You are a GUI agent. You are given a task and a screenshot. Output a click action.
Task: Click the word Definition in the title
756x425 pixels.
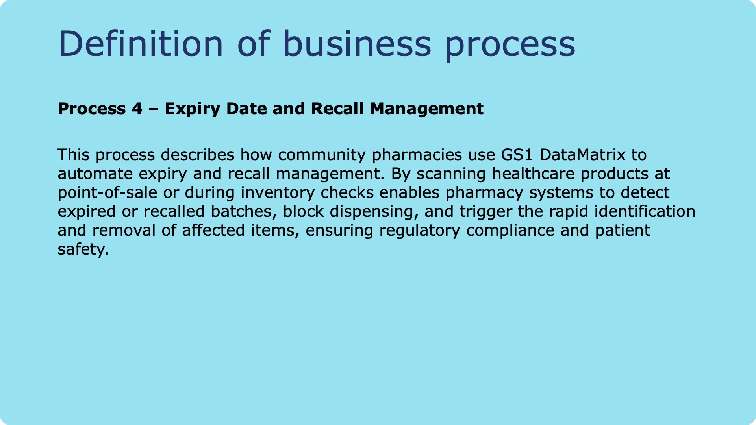coord(141,44)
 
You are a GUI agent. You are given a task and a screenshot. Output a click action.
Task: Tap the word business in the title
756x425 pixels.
coord(357,44)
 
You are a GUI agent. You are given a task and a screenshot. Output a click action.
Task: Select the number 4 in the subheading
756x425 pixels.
coord(137,109)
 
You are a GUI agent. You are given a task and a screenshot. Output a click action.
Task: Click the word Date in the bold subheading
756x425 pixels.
coord(246,109)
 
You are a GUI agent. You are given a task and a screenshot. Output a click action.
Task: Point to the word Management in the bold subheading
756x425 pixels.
coord(426,109)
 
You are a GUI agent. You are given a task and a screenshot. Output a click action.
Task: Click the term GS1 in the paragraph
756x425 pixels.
coord(517,155)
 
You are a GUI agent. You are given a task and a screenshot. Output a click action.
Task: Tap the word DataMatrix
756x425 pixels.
coord(582,155)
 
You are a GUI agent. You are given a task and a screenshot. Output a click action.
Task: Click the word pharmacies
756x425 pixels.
coord(417,155)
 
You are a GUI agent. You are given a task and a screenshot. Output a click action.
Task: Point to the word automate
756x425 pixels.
coord(95,174)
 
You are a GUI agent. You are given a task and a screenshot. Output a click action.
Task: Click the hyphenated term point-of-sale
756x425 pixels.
coord(107,192)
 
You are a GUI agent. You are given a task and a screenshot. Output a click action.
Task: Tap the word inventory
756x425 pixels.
coord(277,192)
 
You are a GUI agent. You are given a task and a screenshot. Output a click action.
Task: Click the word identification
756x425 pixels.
coord(645,211)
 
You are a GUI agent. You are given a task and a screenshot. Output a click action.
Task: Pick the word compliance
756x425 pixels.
coord(510,231)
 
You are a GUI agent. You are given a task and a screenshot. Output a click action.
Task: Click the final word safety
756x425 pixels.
coord(83,249)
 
